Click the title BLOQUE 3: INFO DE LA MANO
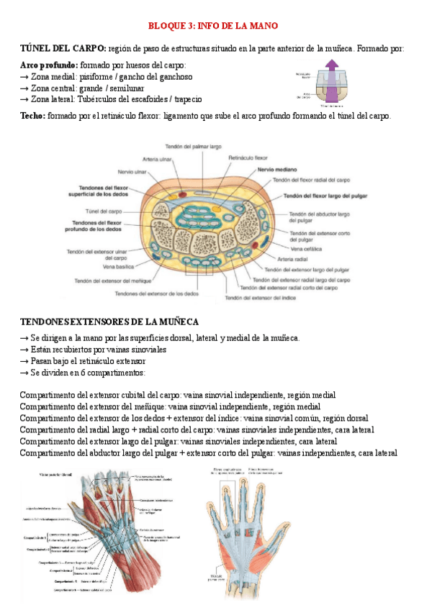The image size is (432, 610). click(x=213, y=26)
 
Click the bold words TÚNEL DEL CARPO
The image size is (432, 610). click(x=63, y=48)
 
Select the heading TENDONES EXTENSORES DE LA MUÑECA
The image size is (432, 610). click(x=109, y=321)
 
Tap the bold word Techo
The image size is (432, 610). click(x=32, y=115)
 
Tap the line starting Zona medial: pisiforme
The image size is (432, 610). click(x=106, y=76)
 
